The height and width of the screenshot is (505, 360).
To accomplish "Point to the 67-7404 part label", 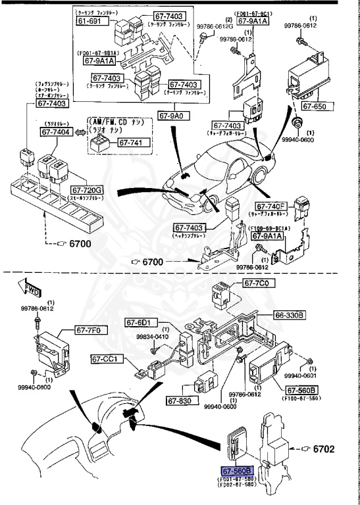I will [x=57, y=132].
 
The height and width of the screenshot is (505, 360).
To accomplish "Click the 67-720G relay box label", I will [x=87, y=191].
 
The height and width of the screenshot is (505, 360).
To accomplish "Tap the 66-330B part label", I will [x=289, y=316].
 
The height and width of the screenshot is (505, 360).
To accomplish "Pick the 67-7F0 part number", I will [x=90, y=330].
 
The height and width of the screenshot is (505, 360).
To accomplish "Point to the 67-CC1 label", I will [x=106, y=359].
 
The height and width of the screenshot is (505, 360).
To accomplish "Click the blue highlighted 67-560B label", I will [x=237, y=471].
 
